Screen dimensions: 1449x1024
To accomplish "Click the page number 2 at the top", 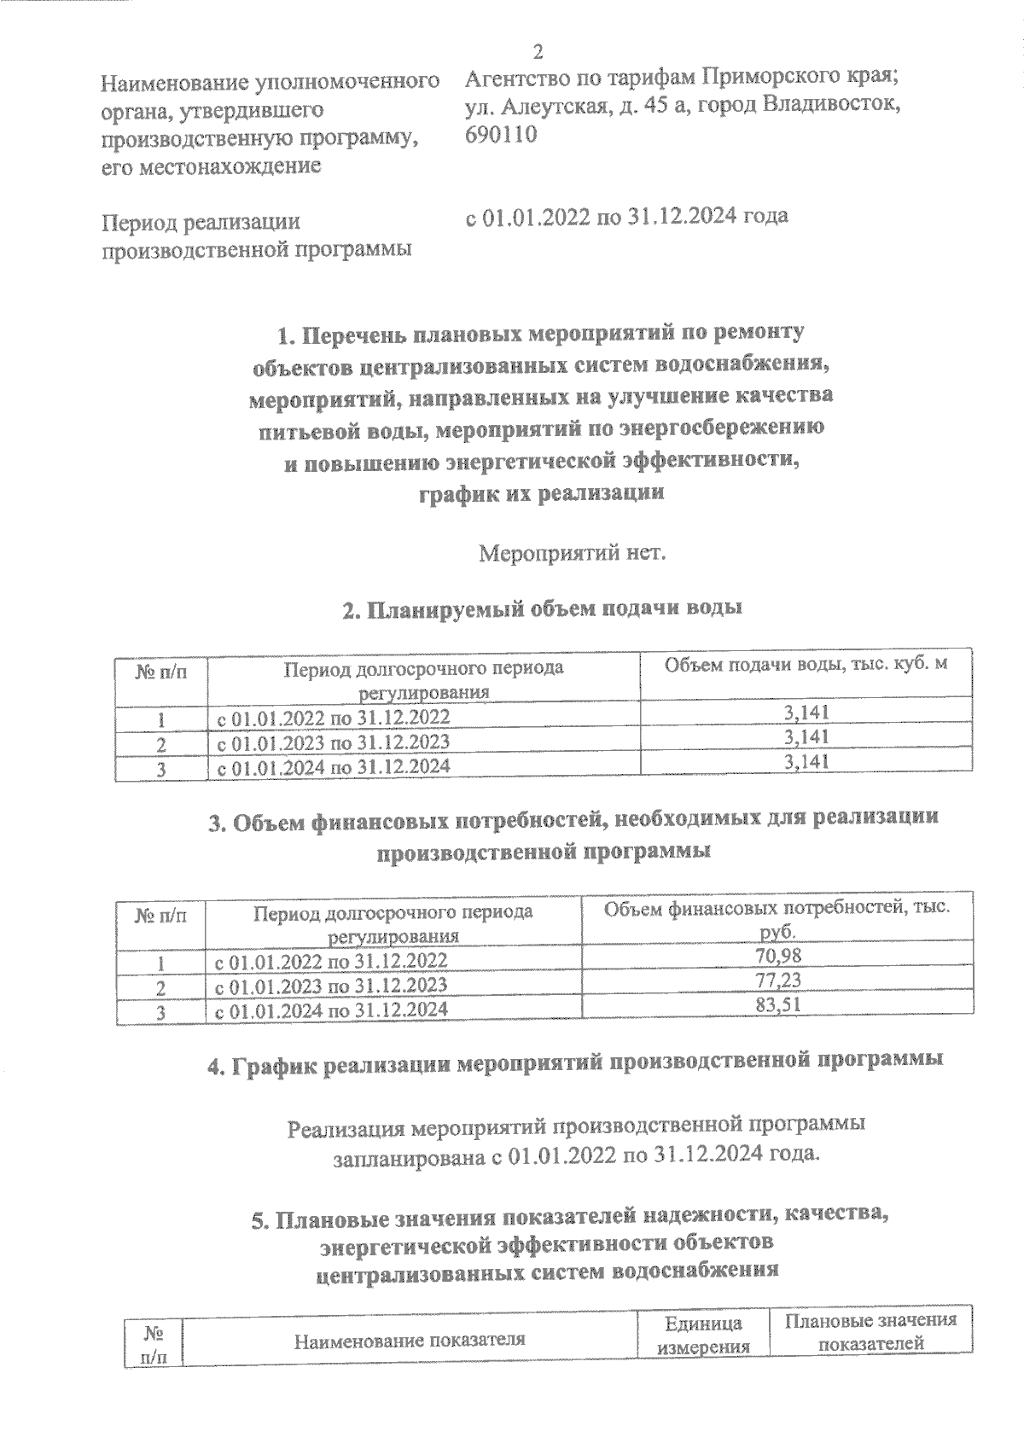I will (x=538, y=51).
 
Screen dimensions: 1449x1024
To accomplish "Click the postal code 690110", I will (x=501, y=134).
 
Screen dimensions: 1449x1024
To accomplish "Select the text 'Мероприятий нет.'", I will (x=571, y=553).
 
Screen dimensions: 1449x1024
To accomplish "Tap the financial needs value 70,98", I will (x=778, y=955).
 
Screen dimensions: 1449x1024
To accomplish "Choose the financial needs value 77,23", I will (x=778, y=980).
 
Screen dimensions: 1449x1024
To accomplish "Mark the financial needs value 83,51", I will (x=778, y=1005).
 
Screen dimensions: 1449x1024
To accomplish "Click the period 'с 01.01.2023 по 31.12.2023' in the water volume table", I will (x=334, y=742).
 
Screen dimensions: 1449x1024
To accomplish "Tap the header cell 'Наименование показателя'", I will (x=409, y=1340).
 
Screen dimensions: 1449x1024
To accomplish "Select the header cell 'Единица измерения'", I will (x=703, y=1336).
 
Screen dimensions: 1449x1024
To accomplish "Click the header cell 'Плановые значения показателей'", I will (x=870, y=1332).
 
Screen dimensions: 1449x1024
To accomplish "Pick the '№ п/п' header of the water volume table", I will (x=161, y=672).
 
